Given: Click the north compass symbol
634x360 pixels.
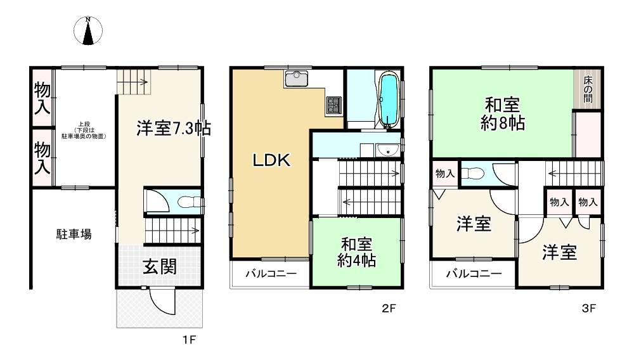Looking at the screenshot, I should (89, 32).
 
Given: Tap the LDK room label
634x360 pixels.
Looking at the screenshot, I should (271, 161).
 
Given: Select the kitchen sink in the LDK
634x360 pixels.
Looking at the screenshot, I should (296, 79).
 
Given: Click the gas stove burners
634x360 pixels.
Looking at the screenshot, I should (334, 105).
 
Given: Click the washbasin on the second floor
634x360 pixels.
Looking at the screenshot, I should (386, 150).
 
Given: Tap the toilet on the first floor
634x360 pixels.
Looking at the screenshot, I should (186, 202).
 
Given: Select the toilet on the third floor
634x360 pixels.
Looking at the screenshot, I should (472, 174).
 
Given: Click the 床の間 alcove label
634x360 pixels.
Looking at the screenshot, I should (588, 89).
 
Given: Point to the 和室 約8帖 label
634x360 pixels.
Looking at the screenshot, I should (505, 112).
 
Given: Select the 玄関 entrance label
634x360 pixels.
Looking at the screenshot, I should (159, 267).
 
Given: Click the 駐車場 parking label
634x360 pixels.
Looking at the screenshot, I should (74, 235).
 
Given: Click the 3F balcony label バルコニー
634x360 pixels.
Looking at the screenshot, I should (473, 274).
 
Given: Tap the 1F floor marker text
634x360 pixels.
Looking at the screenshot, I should (189, 340).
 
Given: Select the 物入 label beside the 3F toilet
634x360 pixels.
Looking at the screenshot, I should (444, 174).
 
